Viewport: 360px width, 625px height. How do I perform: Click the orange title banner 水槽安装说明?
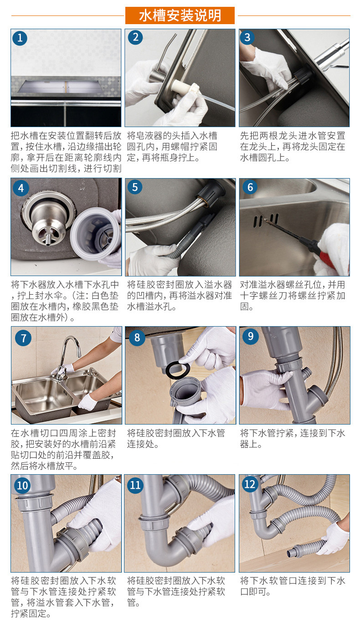180,15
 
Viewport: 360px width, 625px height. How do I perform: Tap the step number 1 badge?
20,38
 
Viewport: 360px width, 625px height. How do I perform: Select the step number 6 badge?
250,187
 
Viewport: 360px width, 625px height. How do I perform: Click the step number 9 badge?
251,336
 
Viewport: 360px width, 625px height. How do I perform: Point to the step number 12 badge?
250,484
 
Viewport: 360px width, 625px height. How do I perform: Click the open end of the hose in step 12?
292,553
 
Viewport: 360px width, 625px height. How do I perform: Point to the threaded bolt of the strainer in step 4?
49,240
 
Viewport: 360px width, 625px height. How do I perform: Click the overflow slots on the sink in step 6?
266,220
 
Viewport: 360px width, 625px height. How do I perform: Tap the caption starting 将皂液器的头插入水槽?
172,147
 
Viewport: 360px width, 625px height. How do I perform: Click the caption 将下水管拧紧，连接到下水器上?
293,438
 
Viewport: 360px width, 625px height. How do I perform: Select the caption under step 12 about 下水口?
293,586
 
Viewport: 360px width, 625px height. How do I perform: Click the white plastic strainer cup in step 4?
95,234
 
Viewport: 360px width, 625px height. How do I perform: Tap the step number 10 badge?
22,486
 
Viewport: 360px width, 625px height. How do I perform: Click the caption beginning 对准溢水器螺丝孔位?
293,296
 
